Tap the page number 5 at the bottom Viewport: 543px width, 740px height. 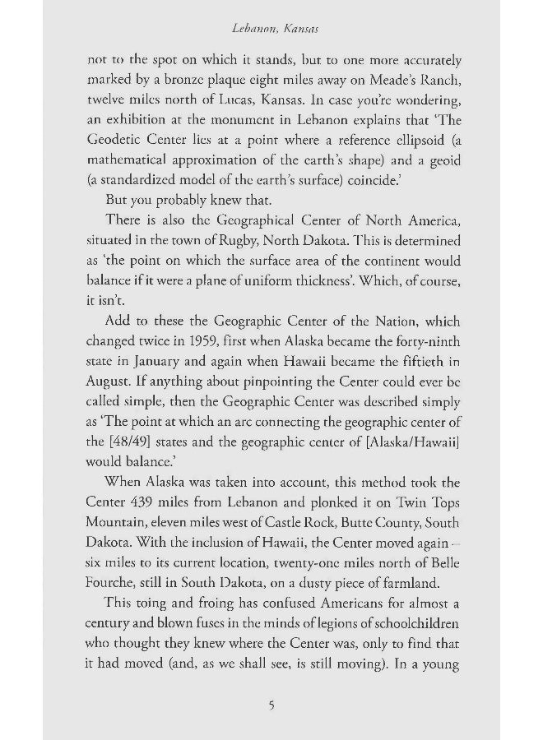pos(271,705)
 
